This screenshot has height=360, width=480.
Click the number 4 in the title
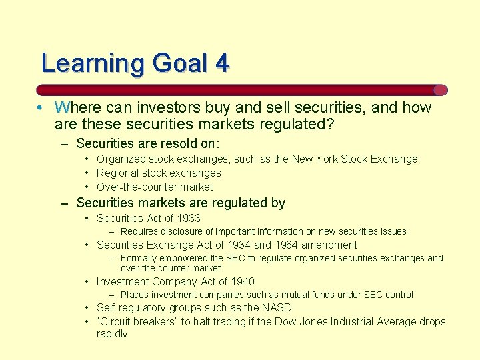tap(222, 63)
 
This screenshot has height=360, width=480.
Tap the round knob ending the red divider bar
tap(441, 90)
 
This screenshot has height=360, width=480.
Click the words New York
tap(315, 159)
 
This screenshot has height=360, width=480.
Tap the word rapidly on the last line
tap(112, 334)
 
